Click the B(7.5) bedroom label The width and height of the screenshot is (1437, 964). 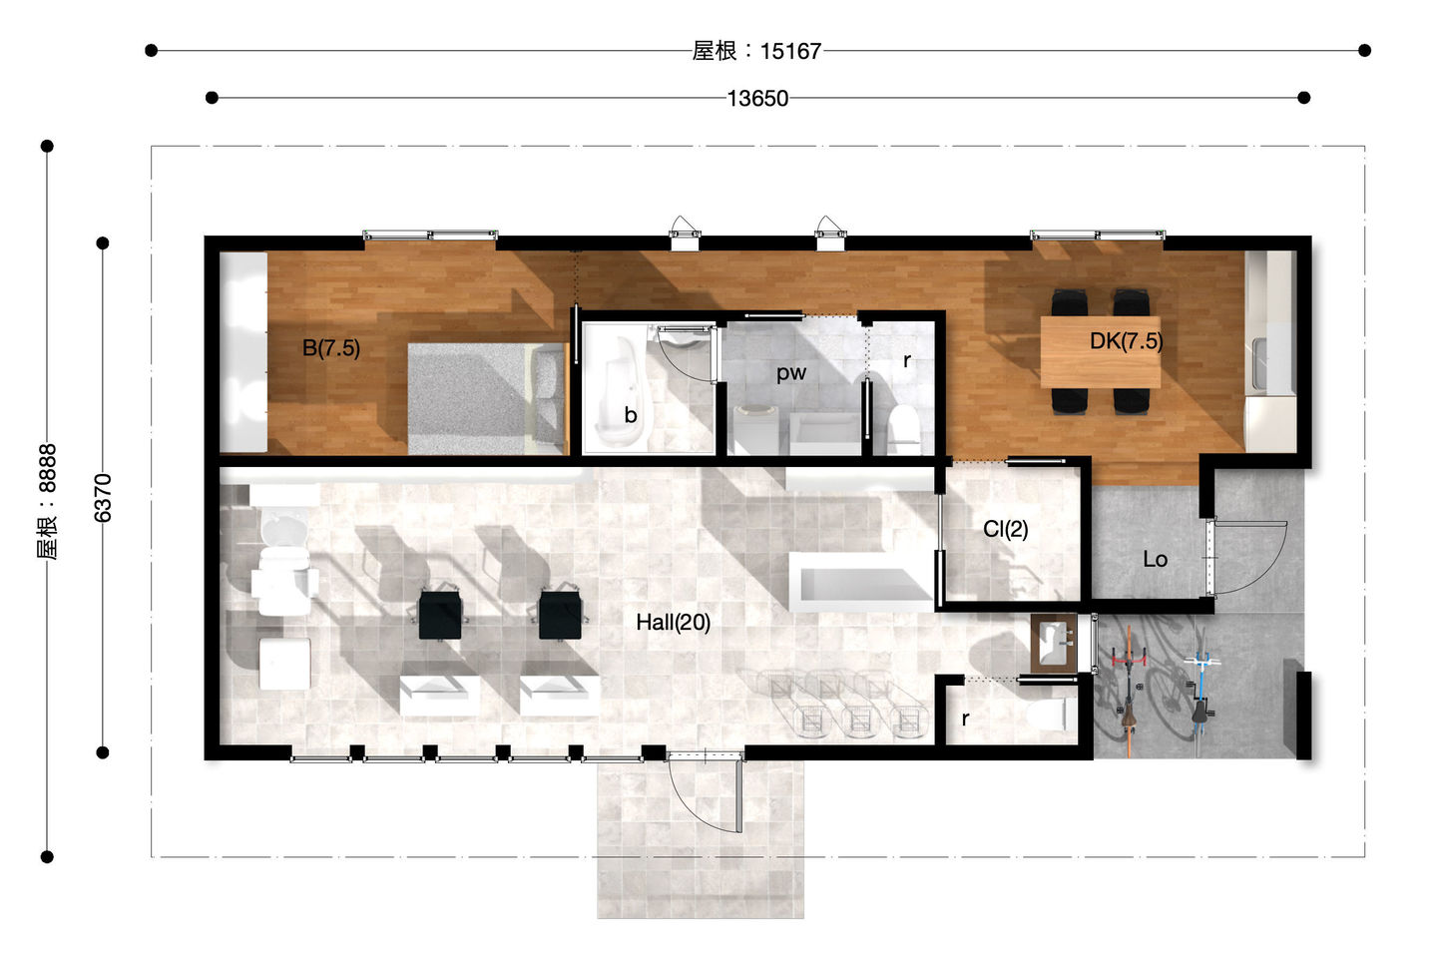pyautogui.click(x=331, y=348)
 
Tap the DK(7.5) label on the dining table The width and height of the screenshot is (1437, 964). pyautogui.click(x=1126, y=341)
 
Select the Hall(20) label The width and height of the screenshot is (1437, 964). pyautogui.click(x=673, y=622)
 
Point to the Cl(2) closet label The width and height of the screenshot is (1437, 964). pyautogui.click(x=1005, y=529)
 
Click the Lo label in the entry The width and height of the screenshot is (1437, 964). pyautogui.click(x=1155, y=559)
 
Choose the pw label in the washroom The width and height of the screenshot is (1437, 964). pyautogui.click(x=791, y=373)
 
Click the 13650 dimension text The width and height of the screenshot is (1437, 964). pyautogui.click(x=757, y=98)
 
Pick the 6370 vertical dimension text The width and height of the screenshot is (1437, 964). pyautogui.click(x=103, y=498)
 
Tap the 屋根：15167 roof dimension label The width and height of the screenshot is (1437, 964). pyautogui.click(x=757, y=51)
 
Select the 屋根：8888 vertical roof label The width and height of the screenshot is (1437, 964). pyautogui.click(x=47, y=502)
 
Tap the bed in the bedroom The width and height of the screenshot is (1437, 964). pyautogui.click(x=488, y=399)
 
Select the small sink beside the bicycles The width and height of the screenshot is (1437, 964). pyautogui.click(x=1054, y=644)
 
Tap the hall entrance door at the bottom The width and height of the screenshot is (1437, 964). pyautogui.click(x=706, y=794)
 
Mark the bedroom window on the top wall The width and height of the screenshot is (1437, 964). pyautogui.click(x=430, y=235)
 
